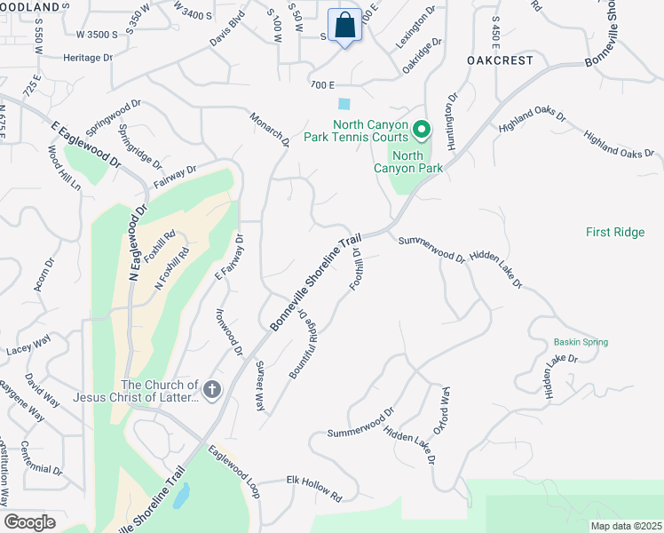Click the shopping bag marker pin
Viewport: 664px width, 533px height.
(x=344, y=26)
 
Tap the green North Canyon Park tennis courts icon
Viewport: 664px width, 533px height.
(x=422, y=131)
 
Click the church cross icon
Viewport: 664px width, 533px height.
(x=211, y=389)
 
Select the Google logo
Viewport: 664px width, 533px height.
(x=29, y=522)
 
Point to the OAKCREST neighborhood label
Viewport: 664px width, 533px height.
(x=500, y=60)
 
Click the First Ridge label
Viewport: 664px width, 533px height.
(x=615, y=232)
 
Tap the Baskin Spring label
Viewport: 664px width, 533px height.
(x=581, y=342)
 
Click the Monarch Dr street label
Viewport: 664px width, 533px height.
(x=270, y=129)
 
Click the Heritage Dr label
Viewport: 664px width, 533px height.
(x=89, y=57)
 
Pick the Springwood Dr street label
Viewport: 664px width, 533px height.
(x=115, y=118)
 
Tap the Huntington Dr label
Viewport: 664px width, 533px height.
(x=452, y=122)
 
